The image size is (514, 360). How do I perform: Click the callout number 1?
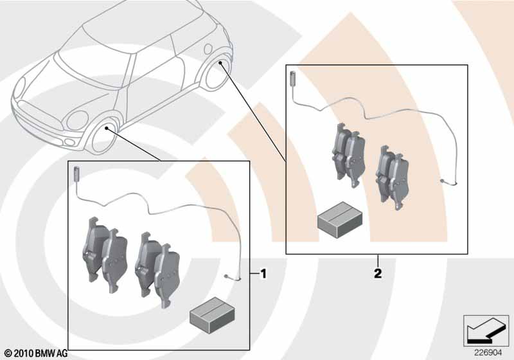[x=263, y=273]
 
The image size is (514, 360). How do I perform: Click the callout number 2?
[x=378, y=273]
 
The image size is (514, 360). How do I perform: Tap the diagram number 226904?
[x=488, y=353]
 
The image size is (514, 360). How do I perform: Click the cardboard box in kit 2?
[x=340, y=219]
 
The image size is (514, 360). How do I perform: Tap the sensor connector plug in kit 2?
[x=293, y=78]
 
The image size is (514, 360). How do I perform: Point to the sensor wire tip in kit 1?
[x=227, y=276]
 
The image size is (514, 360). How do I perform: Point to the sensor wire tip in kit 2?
[x=443, y=181]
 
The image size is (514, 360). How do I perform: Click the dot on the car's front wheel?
[x=107, y=128]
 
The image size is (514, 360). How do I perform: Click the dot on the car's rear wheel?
[x=220, y=62]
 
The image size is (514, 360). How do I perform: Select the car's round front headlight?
[x=77, y=120]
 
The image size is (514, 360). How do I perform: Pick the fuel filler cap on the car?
[x=208, y=48]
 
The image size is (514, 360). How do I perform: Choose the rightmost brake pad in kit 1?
[x=167, y=275]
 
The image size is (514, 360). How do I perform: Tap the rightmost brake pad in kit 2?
[x=399, y=181]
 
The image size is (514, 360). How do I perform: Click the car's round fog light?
[x=70, y=142]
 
